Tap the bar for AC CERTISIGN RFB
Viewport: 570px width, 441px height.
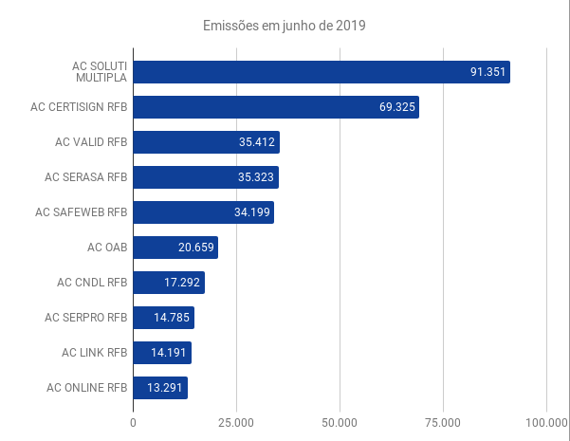point(275,107)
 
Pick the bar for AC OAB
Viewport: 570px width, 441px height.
point(175,248)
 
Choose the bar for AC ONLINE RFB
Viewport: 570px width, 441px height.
point(160,388)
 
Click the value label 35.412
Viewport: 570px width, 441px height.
point(256,143)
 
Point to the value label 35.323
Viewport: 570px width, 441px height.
point(256,177)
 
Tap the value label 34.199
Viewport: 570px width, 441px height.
point(252,213)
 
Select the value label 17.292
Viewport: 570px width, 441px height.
point(182,283)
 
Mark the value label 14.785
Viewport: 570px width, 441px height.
point(172,318)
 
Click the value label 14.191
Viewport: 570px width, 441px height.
point(169,353)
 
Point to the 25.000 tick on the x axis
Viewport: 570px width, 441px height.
point(236,422)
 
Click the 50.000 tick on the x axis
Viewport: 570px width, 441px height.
point(340,422)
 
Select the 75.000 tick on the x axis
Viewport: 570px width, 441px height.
point(443,422)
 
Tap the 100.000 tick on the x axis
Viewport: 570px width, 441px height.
point(546,422)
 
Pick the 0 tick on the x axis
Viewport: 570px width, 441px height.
point(133,422)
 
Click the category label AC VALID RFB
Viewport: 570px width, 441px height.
point(91,142)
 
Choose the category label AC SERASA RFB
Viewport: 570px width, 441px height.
point(86,177)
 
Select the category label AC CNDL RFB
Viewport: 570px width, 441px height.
point(92,283)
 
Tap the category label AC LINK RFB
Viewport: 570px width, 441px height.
point(94,353)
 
